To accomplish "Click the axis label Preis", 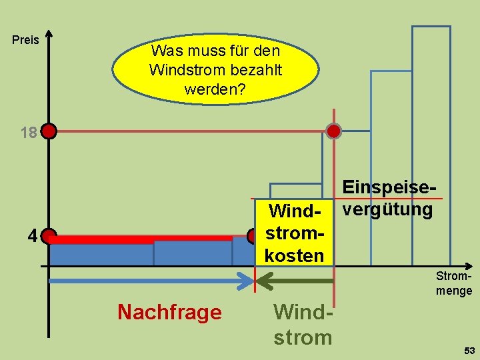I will (x=26, y=40).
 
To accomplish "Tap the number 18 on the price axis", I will (x=28, y=133).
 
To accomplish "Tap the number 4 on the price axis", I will (x=31, y=236).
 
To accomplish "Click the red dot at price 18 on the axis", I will (x=49, y=131).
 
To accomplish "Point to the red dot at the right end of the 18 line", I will (x=333, y=131).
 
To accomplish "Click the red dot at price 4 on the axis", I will (x=49, y=236).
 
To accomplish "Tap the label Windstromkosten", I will (x=294, y=233).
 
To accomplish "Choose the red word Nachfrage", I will (x=169, y=312).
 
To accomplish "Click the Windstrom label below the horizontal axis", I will (x=303, y=325).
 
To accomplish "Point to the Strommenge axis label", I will (x=454, y=283).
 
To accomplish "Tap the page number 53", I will (x=469, y=351).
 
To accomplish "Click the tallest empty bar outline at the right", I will (x=431, y=133).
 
